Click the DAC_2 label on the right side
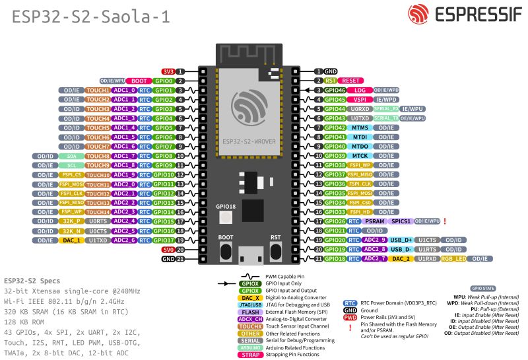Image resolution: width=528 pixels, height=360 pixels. pyautogui.click(x=401, y=259)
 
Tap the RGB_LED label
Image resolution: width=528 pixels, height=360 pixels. pyautogui.click(x=453, y=259)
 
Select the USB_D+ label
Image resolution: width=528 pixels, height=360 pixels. pyautogui.click(x=401, y=240)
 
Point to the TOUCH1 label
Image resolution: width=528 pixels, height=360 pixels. pyautogui.click(x=98, y=90)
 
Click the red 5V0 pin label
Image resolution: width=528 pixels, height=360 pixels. pyautogui.click(x=168, y=250)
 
